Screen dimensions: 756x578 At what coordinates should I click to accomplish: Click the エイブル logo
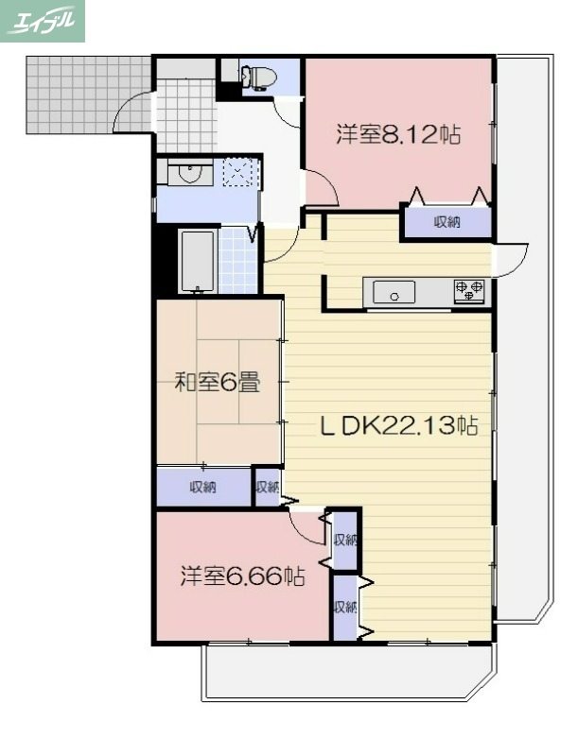[43, 21]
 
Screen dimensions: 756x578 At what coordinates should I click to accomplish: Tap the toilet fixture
[258, 76]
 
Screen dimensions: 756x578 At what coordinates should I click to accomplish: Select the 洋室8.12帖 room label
[398, 135]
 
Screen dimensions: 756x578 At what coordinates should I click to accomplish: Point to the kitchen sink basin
[394, 293]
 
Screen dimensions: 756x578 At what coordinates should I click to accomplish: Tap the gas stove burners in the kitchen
[469, 291]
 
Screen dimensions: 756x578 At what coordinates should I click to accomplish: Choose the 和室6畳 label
[219, 383]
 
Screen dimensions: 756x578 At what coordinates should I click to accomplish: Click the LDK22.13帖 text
[397, 426]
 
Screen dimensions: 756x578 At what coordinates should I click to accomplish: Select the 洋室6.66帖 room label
[242, 576]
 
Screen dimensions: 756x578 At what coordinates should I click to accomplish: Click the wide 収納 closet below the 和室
[203, 488]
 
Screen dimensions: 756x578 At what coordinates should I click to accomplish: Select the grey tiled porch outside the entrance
[85, 94]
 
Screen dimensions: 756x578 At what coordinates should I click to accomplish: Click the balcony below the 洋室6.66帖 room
[345, 673]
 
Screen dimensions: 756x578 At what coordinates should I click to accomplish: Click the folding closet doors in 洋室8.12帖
[448, 197]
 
